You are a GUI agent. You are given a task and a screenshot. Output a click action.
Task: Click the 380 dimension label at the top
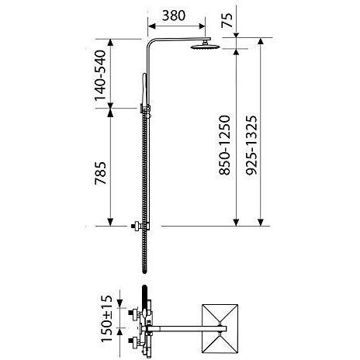[178, 16]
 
